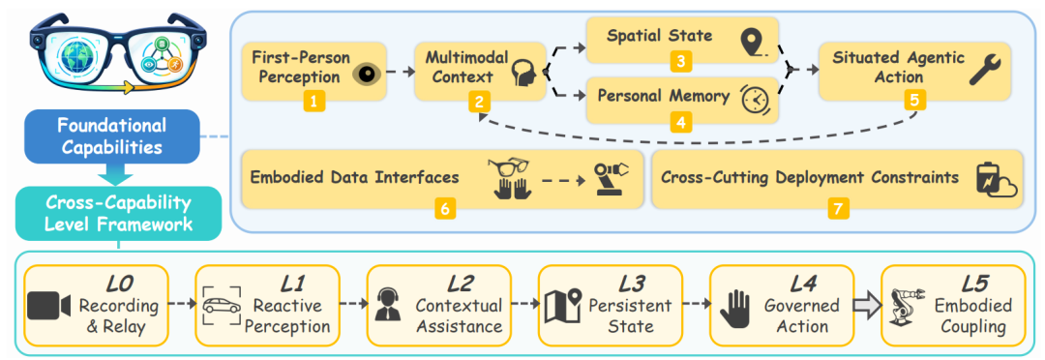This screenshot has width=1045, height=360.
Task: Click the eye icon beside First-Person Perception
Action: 364,75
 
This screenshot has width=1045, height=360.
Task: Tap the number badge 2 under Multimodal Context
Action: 479,102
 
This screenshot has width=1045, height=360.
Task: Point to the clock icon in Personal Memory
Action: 755,99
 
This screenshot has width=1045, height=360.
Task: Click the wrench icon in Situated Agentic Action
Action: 985,68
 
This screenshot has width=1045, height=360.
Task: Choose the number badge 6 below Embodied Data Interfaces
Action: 444,208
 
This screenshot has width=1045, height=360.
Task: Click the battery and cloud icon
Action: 997,180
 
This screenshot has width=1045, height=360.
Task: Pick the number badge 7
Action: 838,208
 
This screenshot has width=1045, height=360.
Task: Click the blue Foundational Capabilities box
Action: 111,136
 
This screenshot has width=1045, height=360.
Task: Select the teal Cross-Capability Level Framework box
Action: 118,213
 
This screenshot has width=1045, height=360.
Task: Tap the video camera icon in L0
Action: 49,307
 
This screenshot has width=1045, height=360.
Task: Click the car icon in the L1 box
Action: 222,307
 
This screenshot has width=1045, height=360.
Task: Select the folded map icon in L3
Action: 563,307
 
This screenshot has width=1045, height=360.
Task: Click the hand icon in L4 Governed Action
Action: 735,307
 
